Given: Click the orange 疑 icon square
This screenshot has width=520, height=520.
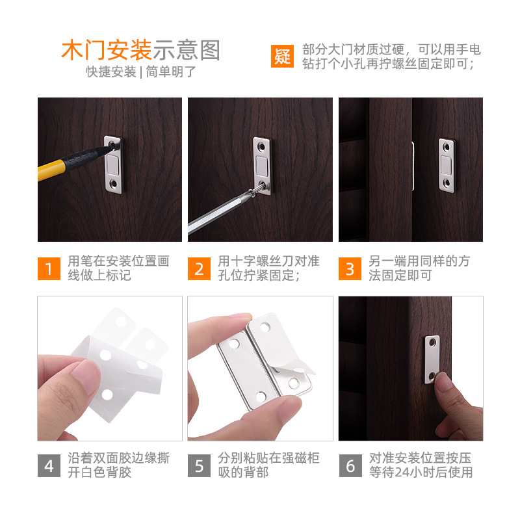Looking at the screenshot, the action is click(x=282, y=56).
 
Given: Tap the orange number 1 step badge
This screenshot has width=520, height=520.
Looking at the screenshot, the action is click(x=49, y=268).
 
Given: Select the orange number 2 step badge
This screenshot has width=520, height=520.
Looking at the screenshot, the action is click(x=199, y=268).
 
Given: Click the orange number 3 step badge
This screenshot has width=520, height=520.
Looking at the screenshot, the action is click(x=350, y=268).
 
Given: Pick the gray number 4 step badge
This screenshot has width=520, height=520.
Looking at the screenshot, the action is click(x=49, y=465).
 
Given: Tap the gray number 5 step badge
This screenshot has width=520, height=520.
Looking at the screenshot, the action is click(x=199, y=465).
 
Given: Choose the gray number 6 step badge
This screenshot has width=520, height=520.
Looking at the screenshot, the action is click(x=350, y=465).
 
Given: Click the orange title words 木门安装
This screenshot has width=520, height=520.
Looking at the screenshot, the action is click(x=107, y=51).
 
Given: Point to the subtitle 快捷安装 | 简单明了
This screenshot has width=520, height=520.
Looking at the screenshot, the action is click(x=141, y=71).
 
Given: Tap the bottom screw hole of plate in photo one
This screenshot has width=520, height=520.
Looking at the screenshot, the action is click(x=113, y=183).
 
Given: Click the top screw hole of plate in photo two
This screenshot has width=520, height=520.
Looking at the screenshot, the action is click(x=262, y=146).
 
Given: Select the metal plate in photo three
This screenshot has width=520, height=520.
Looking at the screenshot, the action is click(x=447, y=166).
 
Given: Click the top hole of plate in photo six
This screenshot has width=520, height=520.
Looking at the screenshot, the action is click(x=432, y=343).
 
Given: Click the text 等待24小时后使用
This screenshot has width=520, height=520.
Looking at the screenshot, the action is click(x=421, y=473).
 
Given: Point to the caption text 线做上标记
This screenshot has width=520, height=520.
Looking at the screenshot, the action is click(x=99, y=275).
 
